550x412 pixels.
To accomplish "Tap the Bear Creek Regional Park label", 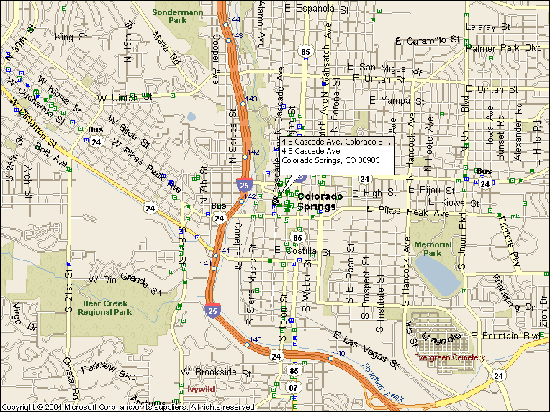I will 106,308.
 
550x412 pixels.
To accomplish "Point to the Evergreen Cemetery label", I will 449,357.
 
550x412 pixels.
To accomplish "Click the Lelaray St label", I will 487,27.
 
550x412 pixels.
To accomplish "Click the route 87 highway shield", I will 293,388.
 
